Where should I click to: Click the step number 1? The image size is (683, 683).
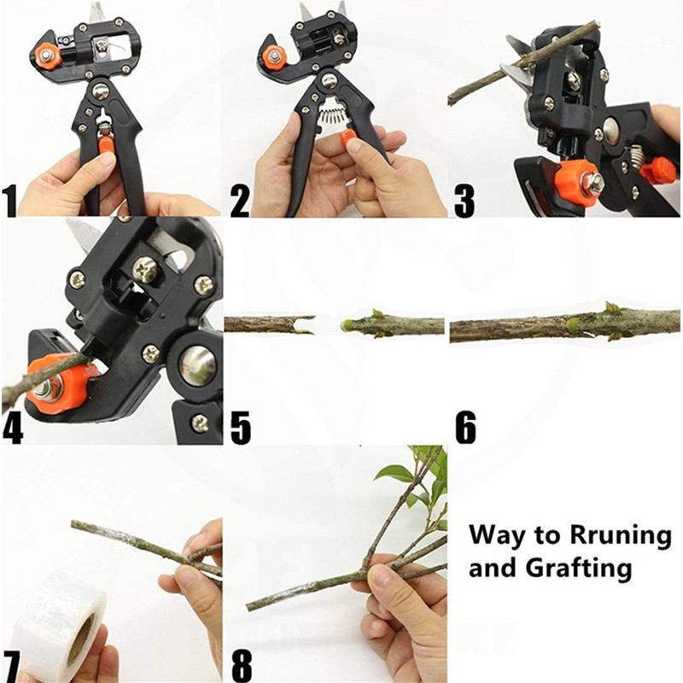[x=10, y=202]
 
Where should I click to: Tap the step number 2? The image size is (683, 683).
[x=240, y=202]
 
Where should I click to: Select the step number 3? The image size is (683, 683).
[x=464, y=202]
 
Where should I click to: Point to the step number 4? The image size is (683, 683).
[x=12, y=429]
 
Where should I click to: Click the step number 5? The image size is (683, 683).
[x=241, y=429]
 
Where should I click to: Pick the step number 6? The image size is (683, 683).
[x=465, y=429]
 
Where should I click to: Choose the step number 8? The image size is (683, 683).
[x=241, y=662]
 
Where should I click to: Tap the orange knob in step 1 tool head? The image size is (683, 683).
[x=47, y=57]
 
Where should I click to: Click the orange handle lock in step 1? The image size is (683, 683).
[x=106, y=144]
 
